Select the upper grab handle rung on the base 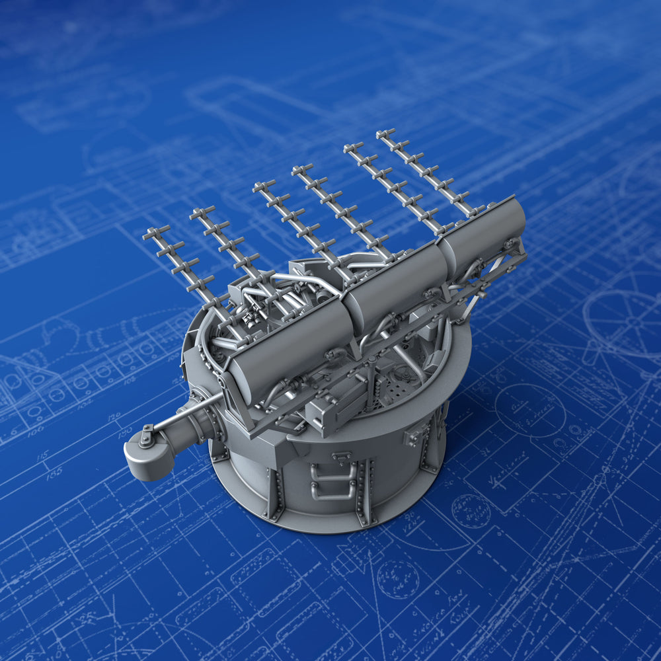pos(334,471)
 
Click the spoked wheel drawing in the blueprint pos(625,321)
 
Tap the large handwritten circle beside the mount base pos(529,410)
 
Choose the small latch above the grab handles pos(342,457)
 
